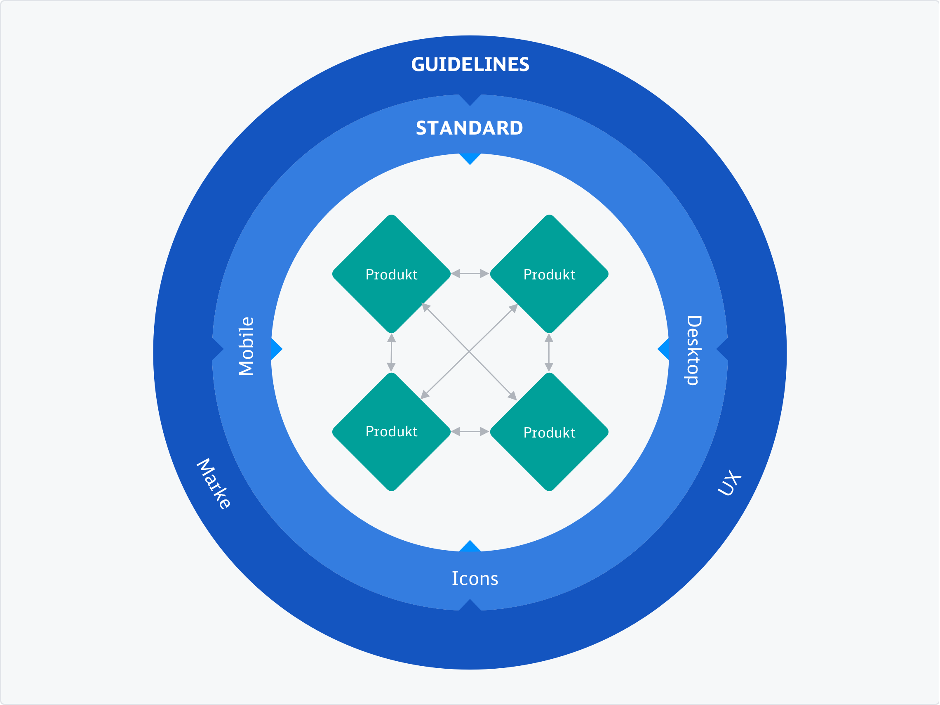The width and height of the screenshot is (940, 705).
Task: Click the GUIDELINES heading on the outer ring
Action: [470, 65]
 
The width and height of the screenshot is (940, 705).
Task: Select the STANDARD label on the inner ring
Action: [469, 128]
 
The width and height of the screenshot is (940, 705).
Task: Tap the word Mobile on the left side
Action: [246, 346]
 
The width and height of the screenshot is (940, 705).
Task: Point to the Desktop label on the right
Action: [693, 350]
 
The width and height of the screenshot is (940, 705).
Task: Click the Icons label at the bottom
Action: [475, 579]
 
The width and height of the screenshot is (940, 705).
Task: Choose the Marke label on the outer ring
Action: [214, 484]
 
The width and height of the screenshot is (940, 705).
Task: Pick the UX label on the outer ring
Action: [729, 483]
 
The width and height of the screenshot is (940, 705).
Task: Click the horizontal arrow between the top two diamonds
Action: [470, 274]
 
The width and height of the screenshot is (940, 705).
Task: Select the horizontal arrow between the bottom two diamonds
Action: [470, 431]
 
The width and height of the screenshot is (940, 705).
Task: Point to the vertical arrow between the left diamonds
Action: [391, 353]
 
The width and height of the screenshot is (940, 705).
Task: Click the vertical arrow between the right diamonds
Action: [549, 353]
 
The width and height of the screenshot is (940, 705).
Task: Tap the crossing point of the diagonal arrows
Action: [469, 351]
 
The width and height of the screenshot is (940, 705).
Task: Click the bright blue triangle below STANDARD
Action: [470, 158]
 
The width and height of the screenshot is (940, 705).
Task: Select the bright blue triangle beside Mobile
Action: [276, 349]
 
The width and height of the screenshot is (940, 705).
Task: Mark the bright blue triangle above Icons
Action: [470, 546]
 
